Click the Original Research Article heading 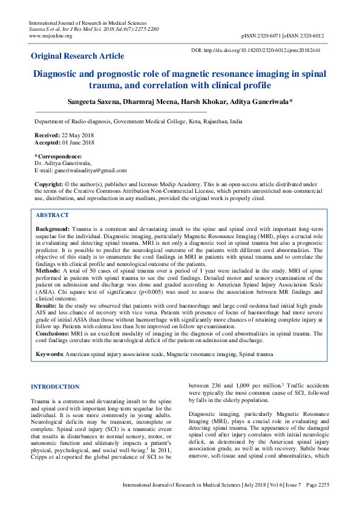tap(77, 56)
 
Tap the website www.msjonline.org tap(50, 36)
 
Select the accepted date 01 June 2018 tap(79, 142)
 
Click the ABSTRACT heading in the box tap(52, 215)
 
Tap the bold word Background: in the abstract tap(53, 230)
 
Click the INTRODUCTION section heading tap(55, 386)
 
